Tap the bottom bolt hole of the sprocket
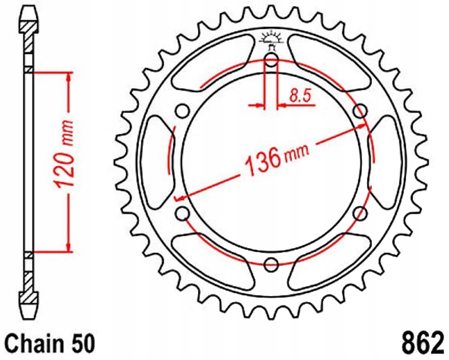click(271, 265)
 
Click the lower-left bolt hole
click(182, 213)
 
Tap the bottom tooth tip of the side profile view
click(30, 313)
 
